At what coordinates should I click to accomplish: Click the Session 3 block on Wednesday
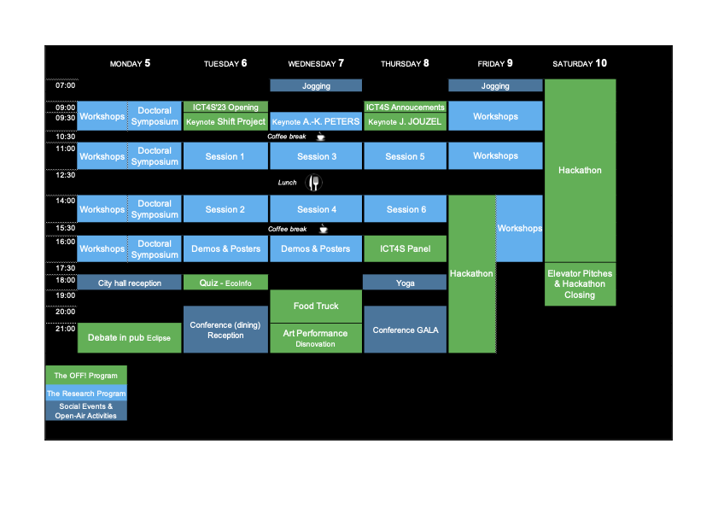[x=316, y=156]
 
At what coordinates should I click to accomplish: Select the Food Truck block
[x=316, y=306]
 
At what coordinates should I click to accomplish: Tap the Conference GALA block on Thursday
[x=406, y=330]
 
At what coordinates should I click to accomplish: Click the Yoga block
[x=406, y=283]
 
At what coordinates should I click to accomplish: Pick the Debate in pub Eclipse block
[x=129, y=337]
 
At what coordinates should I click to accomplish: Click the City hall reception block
[x=129, y=283]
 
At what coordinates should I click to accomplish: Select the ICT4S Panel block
[x=406, y=248]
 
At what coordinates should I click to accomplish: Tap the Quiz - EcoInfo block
[x=225, y=283]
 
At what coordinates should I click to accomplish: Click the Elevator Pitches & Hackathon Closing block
[x=580, y=284]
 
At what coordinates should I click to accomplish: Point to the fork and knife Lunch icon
[x=314, y=183]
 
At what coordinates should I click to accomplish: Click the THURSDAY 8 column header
[x=405, y=63]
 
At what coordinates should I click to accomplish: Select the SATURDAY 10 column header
[x=580, y=63]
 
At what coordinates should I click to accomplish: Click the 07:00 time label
[x=66, y=85]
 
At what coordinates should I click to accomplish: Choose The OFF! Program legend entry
[x=85, y=375]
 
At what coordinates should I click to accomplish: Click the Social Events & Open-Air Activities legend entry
[x=85, y=411]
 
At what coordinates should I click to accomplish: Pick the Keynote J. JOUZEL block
[x=406, y=122]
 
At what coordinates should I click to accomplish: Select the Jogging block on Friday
[x=495, y=85]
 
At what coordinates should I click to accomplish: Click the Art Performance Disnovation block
[x=316, y=338]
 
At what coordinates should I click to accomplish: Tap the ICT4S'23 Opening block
[x=225, y=107]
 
